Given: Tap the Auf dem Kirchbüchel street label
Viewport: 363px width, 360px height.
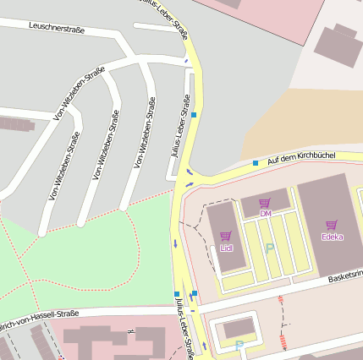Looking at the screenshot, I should coord(300,157).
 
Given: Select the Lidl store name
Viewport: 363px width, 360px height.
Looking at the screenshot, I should coord(226,248).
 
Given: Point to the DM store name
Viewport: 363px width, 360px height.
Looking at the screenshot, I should coord(265,214).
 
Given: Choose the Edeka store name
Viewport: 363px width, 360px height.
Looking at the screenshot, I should coord(332,237).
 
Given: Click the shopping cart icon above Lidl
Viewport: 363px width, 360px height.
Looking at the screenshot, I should coord(225,237).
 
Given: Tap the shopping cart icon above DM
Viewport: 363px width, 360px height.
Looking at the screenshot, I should coord(265,203).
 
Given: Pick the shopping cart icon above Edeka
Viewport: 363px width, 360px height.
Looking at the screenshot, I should coord(331,225).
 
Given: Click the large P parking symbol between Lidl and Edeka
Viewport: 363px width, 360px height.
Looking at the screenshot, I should coord(270,248).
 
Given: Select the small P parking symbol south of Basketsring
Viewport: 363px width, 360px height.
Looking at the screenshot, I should coord(239,345).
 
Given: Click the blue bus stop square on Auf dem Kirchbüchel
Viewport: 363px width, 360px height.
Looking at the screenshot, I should coord(256,162).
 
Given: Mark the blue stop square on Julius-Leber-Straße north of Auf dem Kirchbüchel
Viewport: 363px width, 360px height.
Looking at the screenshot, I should coord(194,114).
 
